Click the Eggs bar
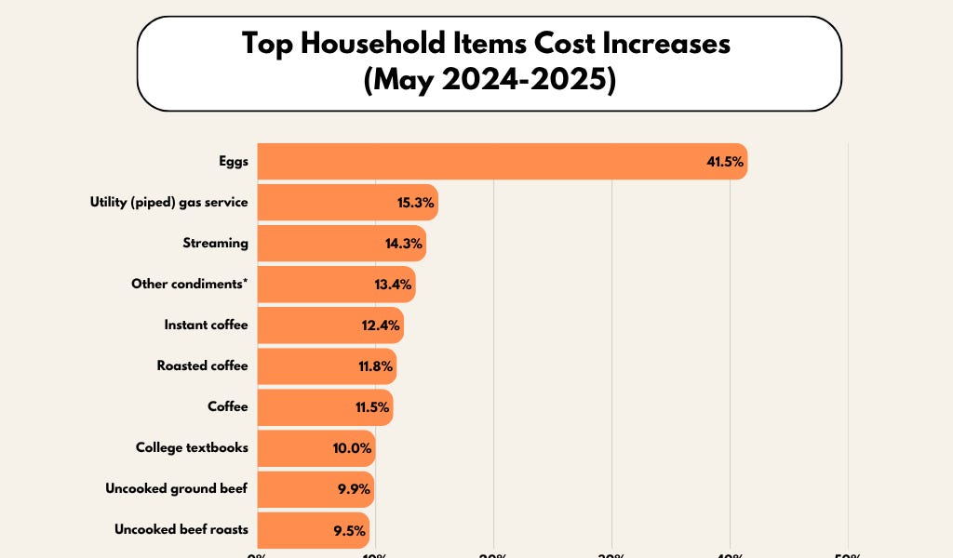tap(484, 161)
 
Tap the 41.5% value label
tap(725, 162)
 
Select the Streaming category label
tap(216, 243)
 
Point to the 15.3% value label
tap(416, 202)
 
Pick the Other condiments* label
tap(190, 284)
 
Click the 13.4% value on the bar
tap(393, 284)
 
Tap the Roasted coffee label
tap(203, 365)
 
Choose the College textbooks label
tap(192, 447)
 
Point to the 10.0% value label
tap(353, 448)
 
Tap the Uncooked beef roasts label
tap(181, 529)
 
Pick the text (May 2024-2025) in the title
tap(490, 81)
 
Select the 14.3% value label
tap(404, 243)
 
